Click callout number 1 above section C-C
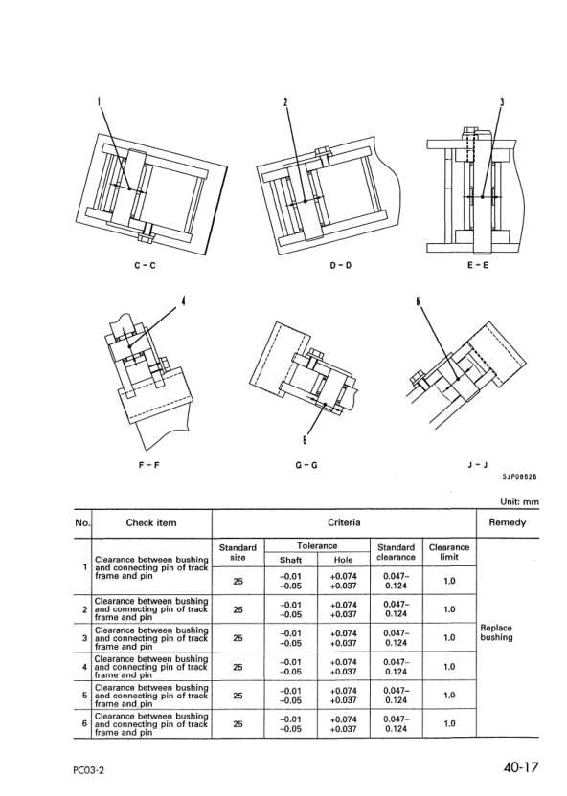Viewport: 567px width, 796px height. pyautogui.click(x=99, y=101)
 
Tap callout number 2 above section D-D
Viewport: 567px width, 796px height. pyautogui.click(x=285, y=101)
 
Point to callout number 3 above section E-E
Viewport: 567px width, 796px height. pyautogui.click(x=502, y=101)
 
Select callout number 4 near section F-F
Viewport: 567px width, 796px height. pyautogui.click(x=183, y=300)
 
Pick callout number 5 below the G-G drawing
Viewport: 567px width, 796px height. pyautogui.click(x=305, y=440)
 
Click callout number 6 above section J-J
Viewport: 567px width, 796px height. pyautogui.click(x=419, y=301)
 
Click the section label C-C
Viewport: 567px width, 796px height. pyautogui.click(x=145, y=265)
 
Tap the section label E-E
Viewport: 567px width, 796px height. pyautogui.click(x=478, y=265)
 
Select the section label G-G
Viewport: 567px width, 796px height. pyautogui.click(x=306, y=465)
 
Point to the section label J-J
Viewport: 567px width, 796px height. pyautogui.click(x=478, y=465)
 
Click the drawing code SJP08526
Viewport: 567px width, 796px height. pyautogui.click(x=519, y=476)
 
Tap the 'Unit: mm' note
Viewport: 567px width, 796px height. pyautogui.click(x=519, y=502)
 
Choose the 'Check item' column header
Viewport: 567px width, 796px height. pyautogui.click(x=151, y=523)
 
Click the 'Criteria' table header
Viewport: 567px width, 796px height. pyautogui.click(x=344, y=522)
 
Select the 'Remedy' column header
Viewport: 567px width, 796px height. pyautogui.click(x=507, y=522)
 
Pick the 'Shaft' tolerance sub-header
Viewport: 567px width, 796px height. pyautogui.click(x=290, y=560)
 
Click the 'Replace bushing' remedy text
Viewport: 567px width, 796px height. pyautogui.click(x=496, y=632)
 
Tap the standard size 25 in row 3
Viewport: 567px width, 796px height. pyautogui.click(x=238, y=638)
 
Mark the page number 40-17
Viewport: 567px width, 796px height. pyautogui.click(x=521, y=767)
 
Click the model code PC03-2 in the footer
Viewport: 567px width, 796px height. pyautogui.click(x=88, y=770)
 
